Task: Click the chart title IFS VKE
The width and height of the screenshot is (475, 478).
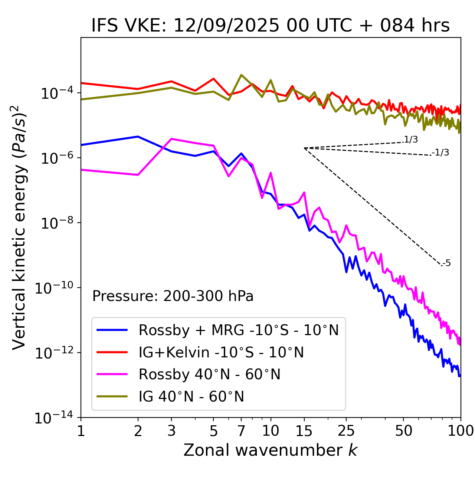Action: pyautogui.click(x=271, y=26)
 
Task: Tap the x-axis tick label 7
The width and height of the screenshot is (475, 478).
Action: pyautogui.click(x=241, y=431)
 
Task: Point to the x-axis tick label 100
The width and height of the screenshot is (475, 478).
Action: pyautogui.click(x=461, y=431)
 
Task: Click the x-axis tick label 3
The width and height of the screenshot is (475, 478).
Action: pyautogui.click(x=171, y=431)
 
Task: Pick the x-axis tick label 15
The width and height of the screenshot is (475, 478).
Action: pyautogui.click(x=304, y=431)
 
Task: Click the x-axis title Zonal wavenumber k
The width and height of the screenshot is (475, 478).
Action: pyautogui.click(x=271, y=450)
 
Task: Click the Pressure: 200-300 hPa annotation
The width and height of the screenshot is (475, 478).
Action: pyautogui.click(x=173, y=296)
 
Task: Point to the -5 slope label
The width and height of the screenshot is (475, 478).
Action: pyautogui.click(x=447, y=263)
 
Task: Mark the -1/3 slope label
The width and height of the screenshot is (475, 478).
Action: pyautogui.click(x=441, y=153)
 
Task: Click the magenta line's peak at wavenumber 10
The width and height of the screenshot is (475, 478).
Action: pyautogui.click(x=271, y=173)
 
